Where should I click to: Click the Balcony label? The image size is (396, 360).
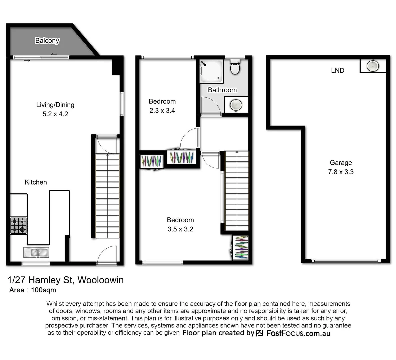click(47, 41)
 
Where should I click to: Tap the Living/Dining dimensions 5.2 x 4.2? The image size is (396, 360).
click(55, 114)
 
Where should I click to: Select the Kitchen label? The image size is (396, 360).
click(36, 182)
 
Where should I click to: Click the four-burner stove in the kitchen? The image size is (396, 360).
click(19, 225)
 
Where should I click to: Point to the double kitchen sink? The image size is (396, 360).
click(36, 253)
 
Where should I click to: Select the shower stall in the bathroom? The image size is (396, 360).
click(211, 71)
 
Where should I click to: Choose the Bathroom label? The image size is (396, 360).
click(222, 90)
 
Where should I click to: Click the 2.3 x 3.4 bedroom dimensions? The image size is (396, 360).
click(162, 111)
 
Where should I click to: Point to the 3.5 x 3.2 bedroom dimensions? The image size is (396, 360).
click(180, 229)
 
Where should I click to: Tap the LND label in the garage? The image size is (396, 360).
click(337, 70)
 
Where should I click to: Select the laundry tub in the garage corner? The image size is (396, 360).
click(373, 66)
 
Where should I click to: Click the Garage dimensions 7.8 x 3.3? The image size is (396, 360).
click(341, 172)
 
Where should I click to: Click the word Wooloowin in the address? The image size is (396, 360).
click(100, 280)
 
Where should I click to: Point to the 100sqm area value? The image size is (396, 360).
click(43, 290)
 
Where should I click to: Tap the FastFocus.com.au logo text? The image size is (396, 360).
click(298, 333)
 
